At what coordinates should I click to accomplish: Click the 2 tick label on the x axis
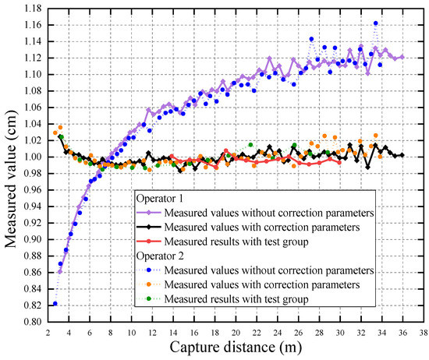(x=48, y=331)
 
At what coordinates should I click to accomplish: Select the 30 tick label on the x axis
(x=339, y=331)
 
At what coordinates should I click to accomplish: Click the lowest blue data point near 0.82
(x=55, y=304)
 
